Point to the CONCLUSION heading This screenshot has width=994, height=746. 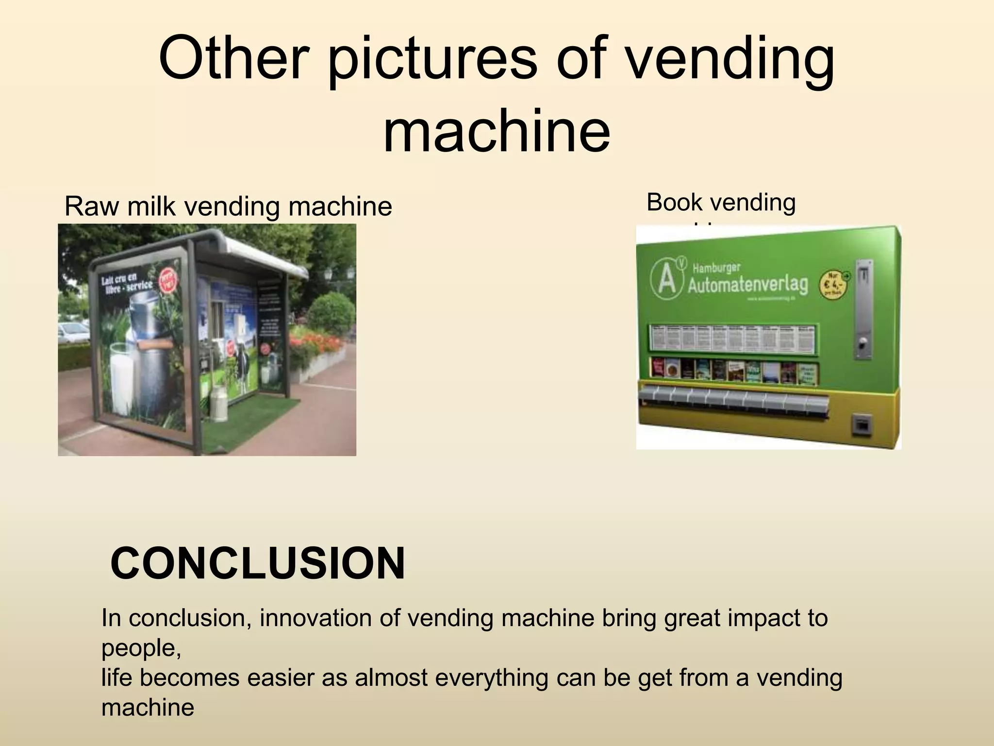(258, 563)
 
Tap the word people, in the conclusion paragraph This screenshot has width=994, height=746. (141, 648)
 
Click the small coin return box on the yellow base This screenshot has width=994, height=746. (862, 425)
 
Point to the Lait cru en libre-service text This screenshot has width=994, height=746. (126, 283)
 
